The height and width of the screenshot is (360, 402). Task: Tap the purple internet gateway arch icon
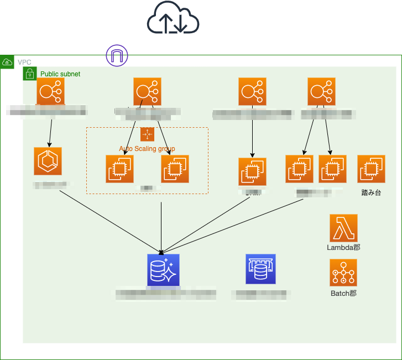117,55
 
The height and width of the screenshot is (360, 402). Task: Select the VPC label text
24,62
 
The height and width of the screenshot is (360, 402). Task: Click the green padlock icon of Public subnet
30,74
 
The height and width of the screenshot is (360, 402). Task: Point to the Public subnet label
60,74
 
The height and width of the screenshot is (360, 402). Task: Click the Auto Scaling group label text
147,149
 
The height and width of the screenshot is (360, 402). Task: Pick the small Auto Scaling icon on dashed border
147,134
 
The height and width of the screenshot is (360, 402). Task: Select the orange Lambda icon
343,228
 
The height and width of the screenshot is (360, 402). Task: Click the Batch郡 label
343,293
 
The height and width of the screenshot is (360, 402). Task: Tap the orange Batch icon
343,273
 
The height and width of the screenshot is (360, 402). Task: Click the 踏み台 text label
371,193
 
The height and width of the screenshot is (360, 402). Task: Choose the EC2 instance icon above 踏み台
371,169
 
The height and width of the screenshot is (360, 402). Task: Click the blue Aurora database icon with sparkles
164,270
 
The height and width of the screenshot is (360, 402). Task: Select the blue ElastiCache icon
260,269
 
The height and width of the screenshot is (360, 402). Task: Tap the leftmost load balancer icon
50,91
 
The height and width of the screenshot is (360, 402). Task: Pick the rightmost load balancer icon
322,91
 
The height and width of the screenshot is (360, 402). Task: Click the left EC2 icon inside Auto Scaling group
119,169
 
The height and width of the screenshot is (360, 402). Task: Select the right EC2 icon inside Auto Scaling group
175,169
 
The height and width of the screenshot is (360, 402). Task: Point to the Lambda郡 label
343,248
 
